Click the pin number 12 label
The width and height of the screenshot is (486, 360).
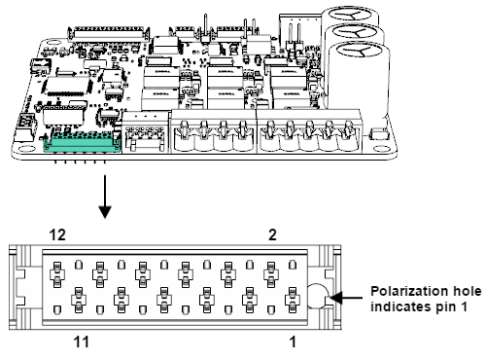coord(57,234)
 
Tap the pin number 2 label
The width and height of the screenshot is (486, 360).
coord(272,234)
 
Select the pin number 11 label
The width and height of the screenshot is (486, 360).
coord(81,342)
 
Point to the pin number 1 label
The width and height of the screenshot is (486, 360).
coord(293,342)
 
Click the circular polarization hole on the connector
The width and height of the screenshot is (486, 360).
coord(317,296)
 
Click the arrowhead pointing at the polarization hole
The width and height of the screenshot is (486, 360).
coord(336,298)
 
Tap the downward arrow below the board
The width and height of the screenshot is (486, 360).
coord(105,197)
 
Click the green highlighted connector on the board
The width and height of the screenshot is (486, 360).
coord(83,142)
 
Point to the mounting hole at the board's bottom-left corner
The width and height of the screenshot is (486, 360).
coord(23,150)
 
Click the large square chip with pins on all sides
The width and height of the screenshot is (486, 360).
coord(67,86)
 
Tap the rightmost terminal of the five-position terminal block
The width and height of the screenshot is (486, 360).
coord(348,137)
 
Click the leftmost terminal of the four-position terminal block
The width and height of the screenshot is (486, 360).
coord(184,137)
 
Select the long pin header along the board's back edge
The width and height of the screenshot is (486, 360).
coord(109,33)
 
